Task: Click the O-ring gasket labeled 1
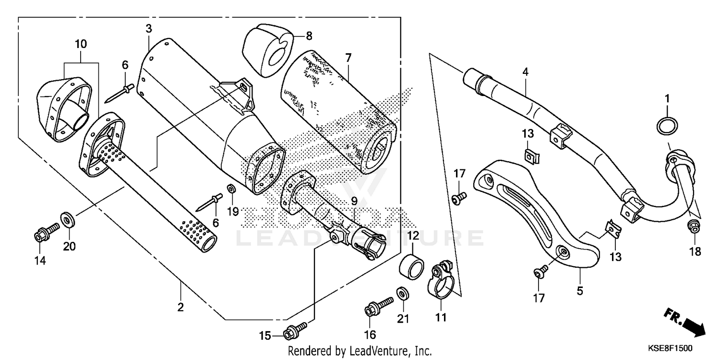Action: point(665,127)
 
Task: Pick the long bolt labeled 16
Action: point(379,306)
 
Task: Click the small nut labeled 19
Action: point(230,187)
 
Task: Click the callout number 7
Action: point(348,58)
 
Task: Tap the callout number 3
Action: point(149,29)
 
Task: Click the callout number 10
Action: point(80,44)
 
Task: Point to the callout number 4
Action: point(526,72)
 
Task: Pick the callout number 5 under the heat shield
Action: point(579,291)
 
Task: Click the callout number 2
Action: point(180,307)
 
